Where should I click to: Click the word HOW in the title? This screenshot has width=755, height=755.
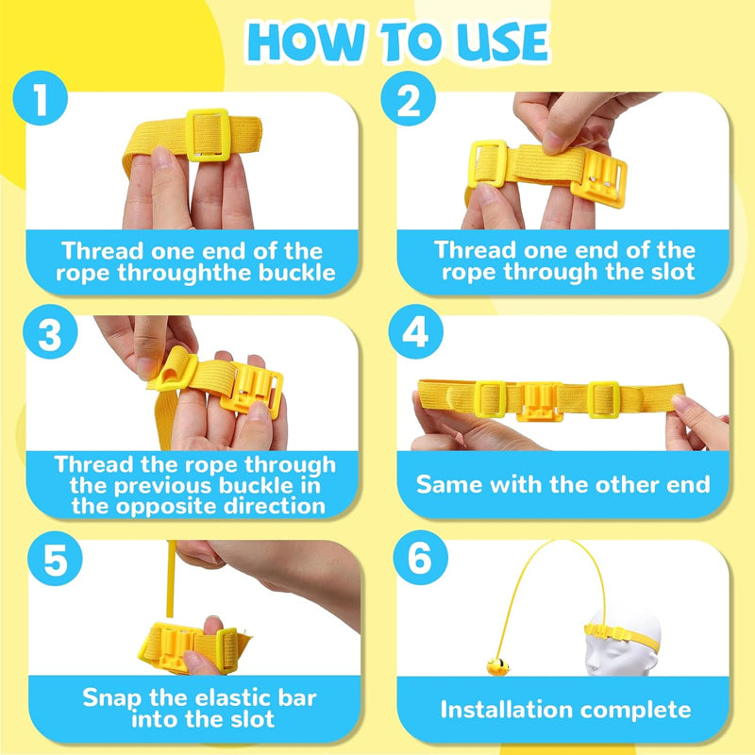(x=305, y=42)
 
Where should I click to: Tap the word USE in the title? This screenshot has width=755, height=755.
(x=501, y=42)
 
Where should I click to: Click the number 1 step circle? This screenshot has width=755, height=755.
(x=40, y=98)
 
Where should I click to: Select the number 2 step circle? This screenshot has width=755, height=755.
(x=408, y=98)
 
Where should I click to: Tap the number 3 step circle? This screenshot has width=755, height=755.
(x=50, y=331)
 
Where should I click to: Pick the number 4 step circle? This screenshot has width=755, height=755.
(x=415, y=331)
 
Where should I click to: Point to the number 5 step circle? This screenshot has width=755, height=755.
(x=55, y=559)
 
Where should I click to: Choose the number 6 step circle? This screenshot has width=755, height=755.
(x=420, y=558)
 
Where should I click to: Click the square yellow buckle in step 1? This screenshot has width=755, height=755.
(x=208, y=135)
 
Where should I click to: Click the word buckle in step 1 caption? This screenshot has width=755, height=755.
(x=296, y=274)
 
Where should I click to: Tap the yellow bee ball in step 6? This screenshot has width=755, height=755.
(x=498, y=667)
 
